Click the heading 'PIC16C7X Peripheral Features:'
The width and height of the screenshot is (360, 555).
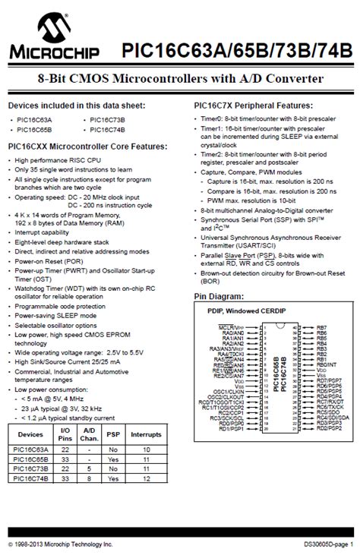pos(250,106)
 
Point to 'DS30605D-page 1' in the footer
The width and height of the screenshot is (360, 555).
pos(327,545)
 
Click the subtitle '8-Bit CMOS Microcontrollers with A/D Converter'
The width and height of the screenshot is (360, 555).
pos(180,79)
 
